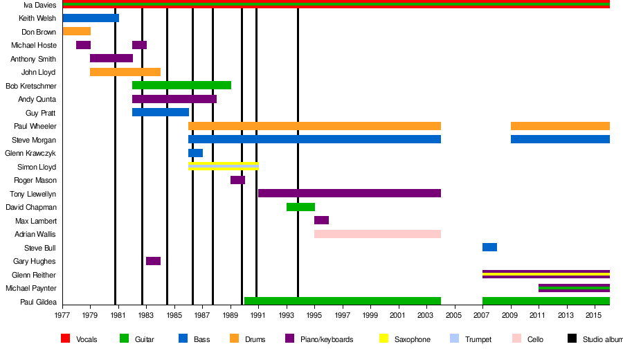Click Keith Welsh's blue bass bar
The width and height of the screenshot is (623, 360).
[90, 18]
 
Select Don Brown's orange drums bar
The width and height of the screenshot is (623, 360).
[76, 31]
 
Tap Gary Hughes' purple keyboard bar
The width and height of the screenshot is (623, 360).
[153, 261]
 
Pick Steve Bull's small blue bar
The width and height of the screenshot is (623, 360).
[489, 247]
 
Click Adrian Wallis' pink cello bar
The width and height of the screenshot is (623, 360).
[377, 234]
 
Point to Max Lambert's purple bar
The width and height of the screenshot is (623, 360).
[321, 220]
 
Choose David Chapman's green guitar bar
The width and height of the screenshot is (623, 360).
[300, 207]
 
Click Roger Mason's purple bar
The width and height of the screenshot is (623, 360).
[237, 180]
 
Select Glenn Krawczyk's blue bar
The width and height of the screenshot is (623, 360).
[195, 153]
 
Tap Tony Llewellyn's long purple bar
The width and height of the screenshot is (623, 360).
[350, 193]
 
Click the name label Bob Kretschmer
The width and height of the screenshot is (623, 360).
[30, 86]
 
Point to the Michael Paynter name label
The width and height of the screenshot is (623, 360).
[30, 288]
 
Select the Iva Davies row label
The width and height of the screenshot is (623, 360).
[39, 5]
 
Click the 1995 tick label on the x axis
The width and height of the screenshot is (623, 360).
[315, 316]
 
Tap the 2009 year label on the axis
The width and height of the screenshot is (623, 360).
[511, 316]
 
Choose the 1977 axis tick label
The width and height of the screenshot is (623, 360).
[62, 316]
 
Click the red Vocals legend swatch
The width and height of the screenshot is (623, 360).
[66, 339]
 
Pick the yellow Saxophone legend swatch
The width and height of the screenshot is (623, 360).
[383, 339]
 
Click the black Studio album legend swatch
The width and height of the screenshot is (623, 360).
[572, 339]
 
